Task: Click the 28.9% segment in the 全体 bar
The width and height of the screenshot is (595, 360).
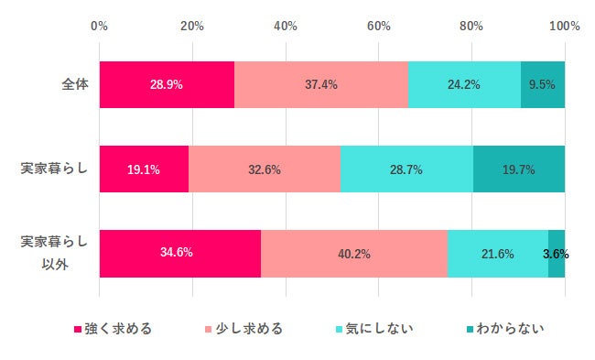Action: pyautogui.click(x=167, y=84)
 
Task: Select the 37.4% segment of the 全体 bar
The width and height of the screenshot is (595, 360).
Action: pyautogui.click(x=320, y=84)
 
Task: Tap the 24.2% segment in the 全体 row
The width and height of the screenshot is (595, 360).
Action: pyautogui.click(x=464, y=84)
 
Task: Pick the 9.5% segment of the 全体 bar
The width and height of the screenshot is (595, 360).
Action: pyautogui.click(x=543, y=84)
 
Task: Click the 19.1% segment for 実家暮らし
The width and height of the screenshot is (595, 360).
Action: pyautogui.click(x=144, y=169)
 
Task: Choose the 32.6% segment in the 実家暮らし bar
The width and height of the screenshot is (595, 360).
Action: pyautogui.click(x=265, y=169)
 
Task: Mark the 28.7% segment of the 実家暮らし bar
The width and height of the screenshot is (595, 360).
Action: pyautogui.click(x=406, y=169)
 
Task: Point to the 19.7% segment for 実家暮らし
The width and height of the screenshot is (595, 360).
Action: pyautogui.click(x=519, y=169)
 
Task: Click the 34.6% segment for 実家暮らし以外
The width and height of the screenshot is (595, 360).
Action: pyautogui.click(x=180, y=253)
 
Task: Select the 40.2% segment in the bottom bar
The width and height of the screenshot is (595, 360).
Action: pyautogui.click(x=354, y=253)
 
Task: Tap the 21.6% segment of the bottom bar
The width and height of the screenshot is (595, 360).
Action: pyautogui.click(x=498, y=253)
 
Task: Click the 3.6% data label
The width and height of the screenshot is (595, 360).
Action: pyautogui.click(x=556, y=253)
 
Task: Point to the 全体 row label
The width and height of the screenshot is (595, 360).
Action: pyautogui.click(x=74, y=84)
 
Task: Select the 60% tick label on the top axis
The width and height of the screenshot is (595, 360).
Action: pyautogui.click(x=379, y=26)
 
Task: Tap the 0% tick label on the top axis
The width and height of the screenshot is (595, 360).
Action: pyautogui.click(x=100, y=26)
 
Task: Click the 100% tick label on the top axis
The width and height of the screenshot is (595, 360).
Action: pyautogui.click(x=564, y=26)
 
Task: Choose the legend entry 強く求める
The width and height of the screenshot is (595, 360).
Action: pyautogui.click(x=112, y=329)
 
